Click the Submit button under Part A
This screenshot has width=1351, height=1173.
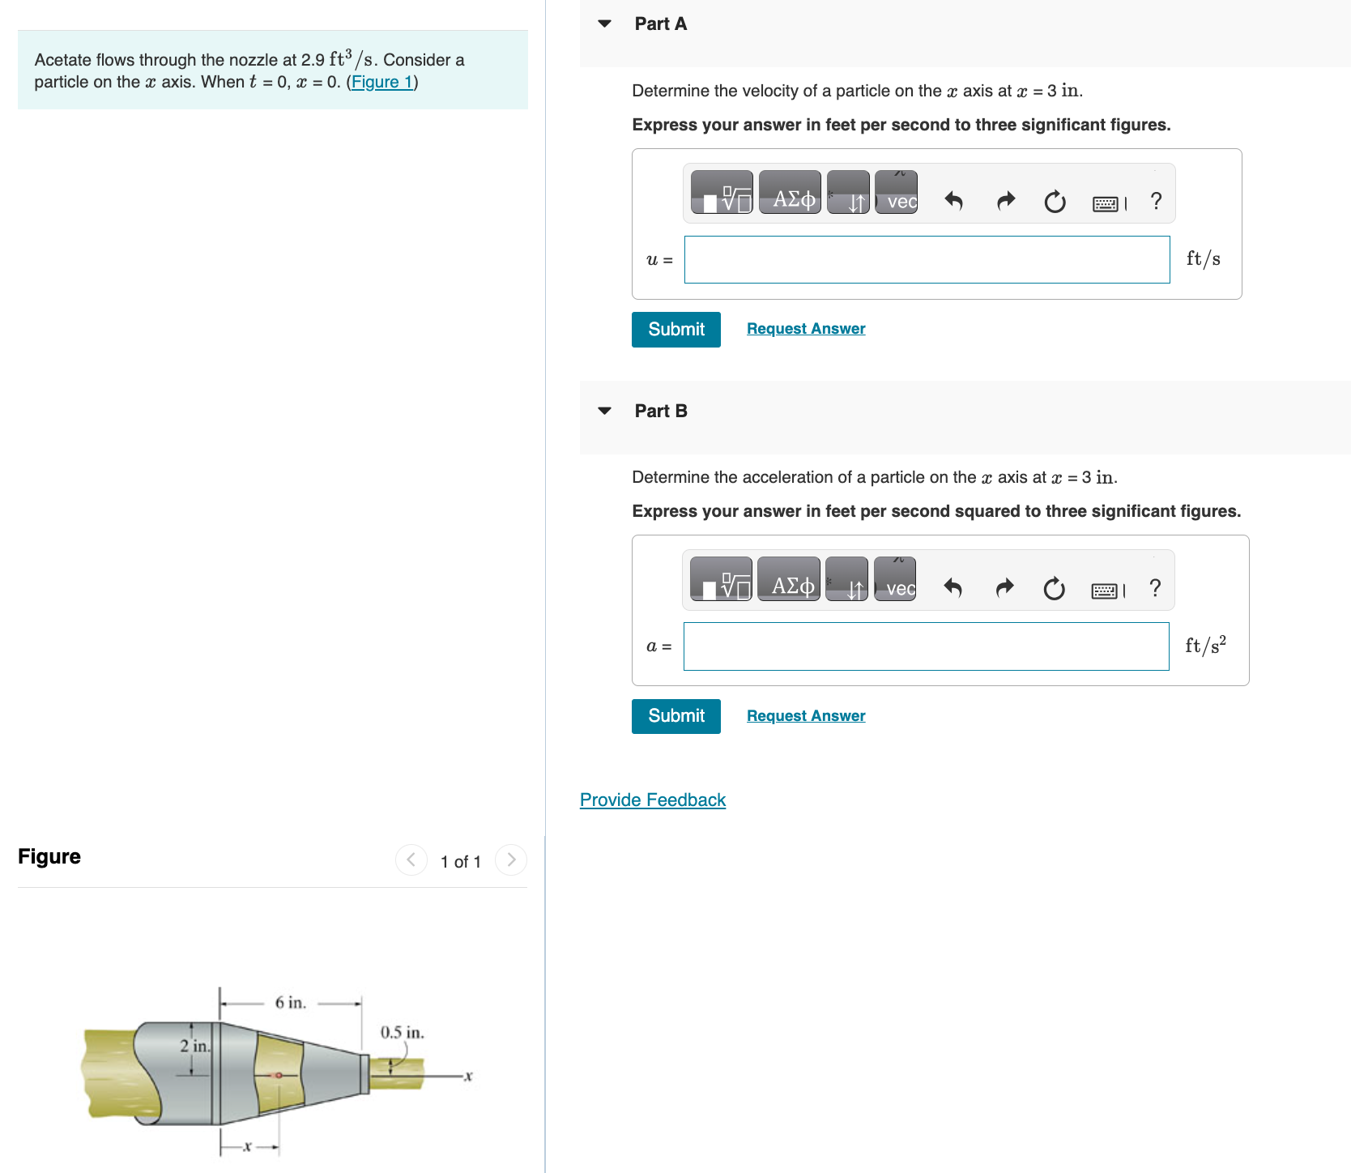(x=675, y=330)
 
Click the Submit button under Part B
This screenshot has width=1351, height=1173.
(x=675, y=716)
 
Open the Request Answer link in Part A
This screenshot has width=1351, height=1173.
(x=805, y=329)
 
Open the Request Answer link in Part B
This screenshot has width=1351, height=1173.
(x=805, y=716)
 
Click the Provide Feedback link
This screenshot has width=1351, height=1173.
(x=652, y=800)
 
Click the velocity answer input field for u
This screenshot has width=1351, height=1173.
(x=926, y=260)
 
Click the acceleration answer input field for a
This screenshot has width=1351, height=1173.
(x=925, y=646)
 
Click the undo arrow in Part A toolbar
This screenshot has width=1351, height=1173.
(x=953, y=201)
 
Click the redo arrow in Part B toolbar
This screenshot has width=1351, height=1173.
(x=1004, y=587)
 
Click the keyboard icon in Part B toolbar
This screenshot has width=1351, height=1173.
(x=1105, y=591)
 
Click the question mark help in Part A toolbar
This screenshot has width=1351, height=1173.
(x=1156, y=201)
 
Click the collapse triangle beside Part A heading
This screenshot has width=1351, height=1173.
(x=604, y=23)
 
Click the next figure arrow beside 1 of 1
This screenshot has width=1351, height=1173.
(x=511, y=859)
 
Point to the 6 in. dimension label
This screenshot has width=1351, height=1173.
(x=290, y=1003)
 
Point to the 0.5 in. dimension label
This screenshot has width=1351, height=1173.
(x=402, y=1033)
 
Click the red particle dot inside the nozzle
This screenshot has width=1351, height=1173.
(x=277, y=1075)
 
